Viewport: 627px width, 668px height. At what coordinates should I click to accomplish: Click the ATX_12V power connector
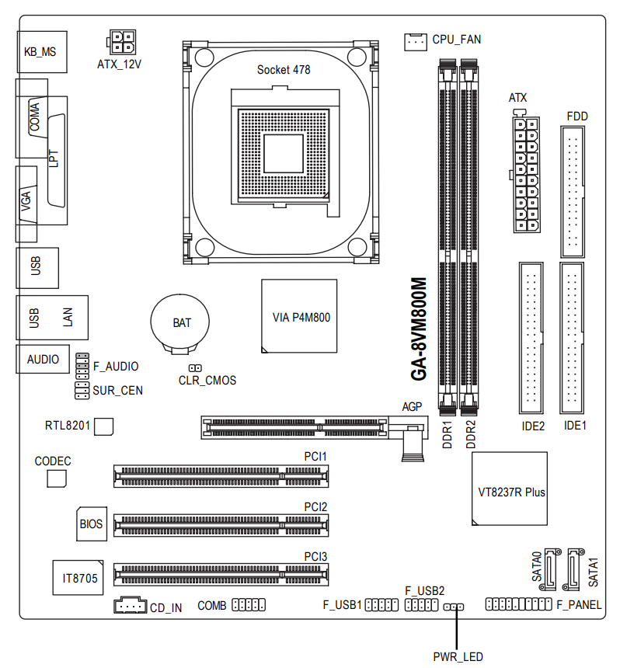tap(120, 41)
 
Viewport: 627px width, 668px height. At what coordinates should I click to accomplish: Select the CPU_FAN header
tap(416, 41)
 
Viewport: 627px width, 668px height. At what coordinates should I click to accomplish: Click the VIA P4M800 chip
tap(299, 316)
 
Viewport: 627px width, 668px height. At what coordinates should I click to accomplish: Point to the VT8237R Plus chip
tap(510, 491)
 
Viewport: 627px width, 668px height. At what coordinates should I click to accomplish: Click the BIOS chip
tap(91, 524)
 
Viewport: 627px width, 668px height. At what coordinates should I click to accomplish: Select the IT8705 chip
tap(80, 578)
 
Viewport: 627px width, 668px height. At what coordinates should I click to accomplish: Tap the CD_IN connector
tap(129, 604)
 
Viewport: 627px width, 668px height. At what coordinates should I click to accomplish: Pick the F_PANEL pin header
tap(518, 604)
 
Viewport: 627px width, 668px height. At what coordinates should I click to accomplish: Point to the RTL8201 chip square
tap(103, 426)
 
